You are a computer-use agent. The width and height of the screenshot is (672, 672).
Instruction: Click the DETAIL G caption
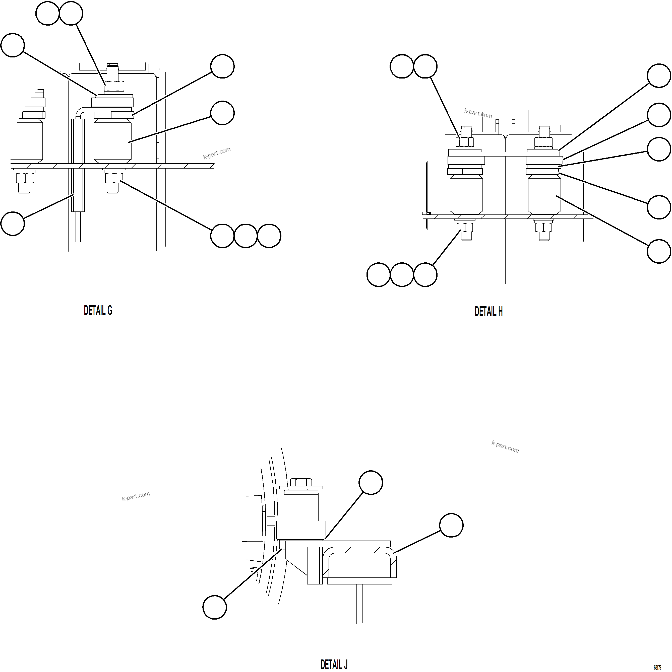click(x=98, y=311)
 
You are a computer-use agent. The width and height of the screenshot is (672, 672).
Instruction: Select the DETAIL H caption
click(x=488, y=311)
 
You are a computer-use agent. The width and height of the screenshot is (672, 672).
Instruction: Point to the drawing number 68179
click(x=657, y=667)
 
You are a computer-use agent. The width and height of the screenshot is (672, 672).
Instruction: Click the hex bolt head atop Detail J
click(x=301, y=482)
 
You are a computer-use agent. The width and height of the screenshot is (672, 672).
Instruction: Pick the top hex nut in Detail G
click(x=114, y=86)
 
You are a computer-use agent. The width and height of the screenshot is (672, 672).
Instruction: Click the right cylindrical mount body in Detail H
click(x=544, y=195)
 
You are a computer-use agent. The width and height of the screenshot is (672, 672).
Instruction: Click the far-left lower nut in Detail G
click(x=25, y=178)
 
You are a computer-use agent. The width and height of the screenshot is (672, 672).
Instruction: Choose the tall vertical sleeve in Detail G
click(x=78, y=165)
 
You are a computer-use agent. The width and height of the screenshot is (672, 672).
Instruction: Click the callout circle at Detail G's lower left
click(x=13, y=224)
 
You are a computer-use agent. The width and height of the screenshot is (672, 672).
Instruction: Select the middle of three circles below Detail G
click(x=246, y=236)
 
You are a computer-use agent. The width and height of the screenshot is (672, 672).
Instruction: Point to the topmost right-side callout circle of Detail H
click(x=659, y=76)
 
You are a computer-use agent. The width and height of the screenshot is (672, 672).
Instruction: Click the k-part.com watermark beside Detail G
click(x=216, y=153)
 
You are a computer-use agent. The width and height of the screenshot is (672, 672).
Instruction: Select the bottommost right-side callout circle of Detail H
click(x=659, y=251)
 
